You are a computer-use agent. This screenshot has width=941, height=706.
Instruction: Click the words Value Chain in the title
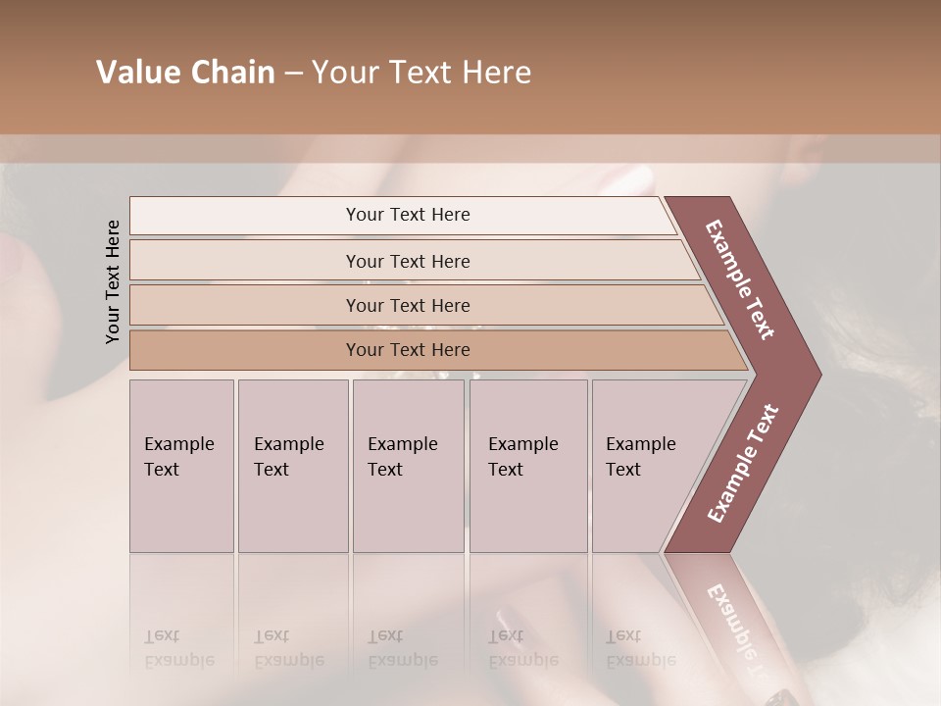[x=185, y=73]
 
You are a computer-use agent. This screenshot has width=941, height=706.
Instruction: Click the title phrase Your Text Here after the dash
[x=421, y=73]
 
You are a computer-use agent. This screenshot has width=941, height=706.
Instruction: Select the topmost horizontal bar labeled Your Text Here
[x=407, y=215]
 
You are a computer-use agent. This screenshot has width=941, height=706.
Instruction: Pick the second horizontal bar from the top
[x=407, y=261]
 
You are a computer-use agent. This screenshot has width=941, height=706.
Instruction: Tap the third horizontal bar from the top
[x=407, y=305]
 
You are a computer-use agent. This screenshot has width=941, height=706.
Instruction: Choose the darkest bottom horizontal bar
[x=407, y=350]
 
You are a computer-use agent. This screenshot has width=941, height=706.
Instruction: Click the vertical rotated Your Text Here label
[x=113, y=281]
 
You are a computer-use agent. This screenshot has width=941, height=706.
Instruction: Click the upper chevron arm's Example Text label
[x=741, y=280]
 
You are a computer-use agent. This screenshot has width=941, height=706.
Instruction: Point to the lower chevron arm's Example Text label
[x=742, y=464]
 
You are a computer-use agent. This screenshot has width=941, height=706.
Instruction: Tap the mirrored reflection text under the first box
[x=178, y=649]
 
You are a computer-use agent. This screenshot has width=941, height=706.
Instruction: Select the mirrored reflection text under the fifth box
[x=640, y=649]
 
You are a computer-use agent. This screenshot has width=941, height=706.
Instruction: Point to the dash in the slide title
[x=293, y=74]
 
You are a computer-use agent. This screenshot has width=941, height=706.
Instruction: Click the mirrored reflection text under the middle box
[x=402, y=649]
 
